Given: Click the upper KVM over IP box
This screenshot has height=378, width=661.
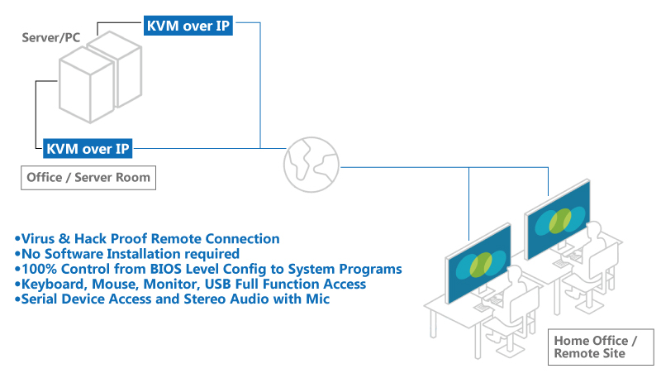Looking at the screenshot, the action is click(188, 26).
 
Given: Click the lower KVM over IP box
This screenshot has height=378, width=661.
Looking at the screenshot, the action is click(88, 149).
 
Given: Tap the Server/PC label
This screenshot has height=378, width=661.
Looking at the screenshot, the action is click(51, 37).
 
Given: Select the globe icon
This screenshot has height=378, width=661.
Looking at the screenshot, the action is click(311, 165).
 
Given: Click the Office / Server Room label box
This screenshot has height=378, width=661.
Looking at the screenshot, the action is click(88, 178).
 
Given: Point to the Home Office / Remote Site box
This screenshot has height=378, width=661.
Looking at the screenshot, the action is click(601, 347).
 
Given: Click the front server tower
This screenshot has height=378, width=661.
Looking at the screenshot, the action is click(87, 85).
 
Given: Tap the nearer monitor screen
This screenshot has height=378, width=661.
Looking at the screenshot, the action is click(478, 264).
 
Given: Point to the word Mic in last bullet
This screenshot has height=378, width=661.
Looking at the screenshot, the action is click(318, 299).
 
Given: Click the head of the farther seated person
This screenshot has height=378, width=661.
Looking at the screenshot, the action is click(594, 230).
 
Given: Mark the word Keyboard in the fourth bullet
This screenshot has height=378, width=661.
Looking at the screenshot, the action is click(54, 285).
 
